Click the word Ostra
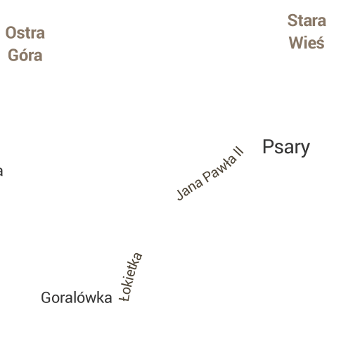(x=25, y=33)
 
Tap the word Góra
(x=25, y=56)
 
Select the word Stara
(x=307, y=20)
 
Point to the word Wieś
(x=307, y=42)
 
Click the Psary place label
(x=286, y=148)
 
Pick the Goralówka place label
(x=77, y=297)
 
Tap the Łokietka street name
(x=131, y=277)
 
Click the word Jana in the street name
(x=189, y=189)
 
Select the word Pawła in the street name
(x=219, y=169)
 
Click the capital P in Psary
(x=268, y=147)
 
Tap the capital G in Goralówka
(x=46, y=297)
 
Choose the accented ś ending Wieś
(x=320, y=42)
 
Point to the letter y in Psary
(x=305, y=150)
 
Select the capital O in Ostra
(x=11, y=33)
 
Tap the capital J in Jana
(x=181, y=195)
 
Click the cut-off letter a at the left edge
(x=1, y=171)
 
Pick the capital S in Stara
(x=292, y=20)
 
